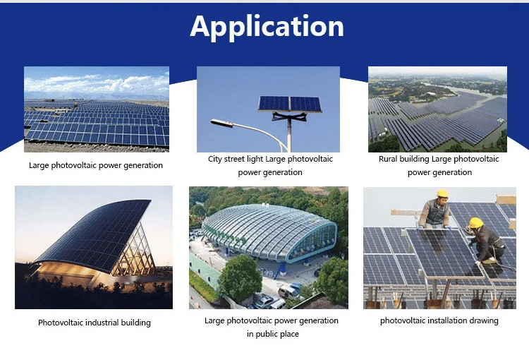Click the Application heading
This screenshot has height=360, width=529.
coord(267,27)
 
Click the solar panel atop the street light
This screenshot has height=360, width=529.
coord(289,104)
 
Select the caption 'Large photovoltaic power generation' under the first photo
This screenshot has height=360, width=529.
coord(96,165)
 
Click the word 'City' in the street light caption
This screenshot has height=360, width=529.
coord(215,159)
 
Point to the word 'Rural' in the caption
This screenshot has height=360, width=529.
coord(389,159)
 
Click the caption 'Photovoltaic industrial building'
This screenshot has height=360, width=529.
coord(94,323)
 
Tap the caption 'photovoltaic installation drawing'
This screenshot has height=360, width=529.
coord(439,320)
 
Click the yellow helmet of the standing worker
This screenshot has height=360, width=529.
coord(442,193)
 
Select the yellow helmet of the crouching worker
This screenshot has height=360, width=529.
coord(476,223)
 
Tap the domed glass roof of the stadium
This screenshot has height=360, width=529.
coord(268,229)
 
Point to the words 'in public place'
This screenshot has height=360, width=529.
coord(272,334)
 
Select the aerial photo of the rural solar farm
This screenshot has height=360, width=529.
coord(437,109)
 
